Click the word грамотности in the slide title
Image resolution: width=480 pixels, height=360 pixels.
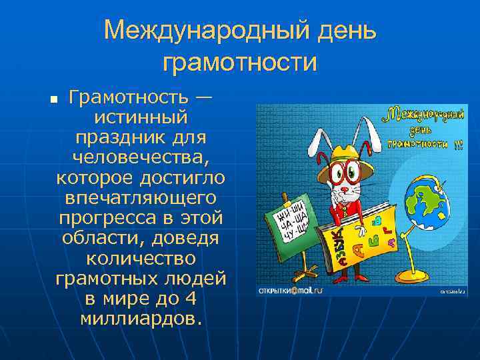pyautogui.click(x=239, y=63)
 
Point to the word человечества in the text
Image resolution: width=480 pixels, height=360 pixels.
pyautogui.click(x=141, y=159)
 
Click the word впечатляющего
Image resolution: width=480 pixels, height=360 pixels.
pyautogui.click(x=141, y=199)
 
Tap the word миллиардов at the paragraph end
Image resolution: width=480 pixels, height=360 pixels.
pyautogui.click(x=141, y=318)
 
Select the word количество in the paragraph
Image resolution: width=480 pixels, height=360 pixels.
pyautogui.click(x=141, y=258)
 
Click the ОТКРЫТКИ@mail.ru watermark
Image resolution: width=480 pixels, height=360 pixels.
pyautogui.click(x=289, y=291)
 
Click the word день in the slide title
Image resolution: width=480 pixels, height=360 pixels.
pyautogui.click(x=338, y=30)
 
